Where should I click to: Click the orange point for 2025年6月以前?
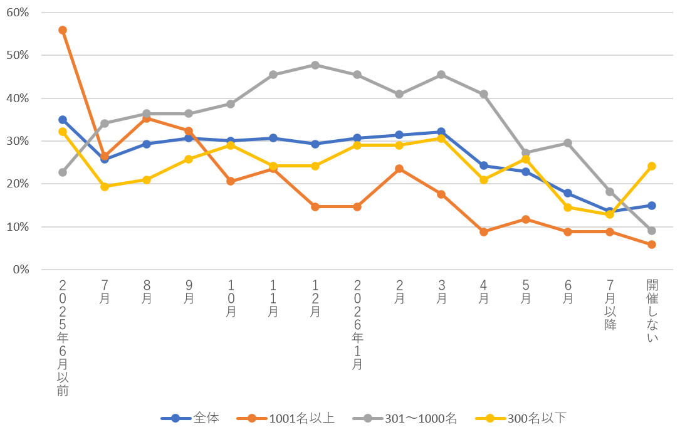coord(63,30)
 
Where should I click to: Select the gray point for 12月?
coord(315,65)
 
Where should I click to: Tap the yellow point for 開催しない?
coord(652,166)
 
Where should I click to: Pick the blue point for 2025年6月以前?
coord(63,120)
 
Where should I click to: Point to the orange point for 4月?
coord(484,232)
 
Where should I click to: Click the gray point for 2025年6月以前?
coord(63,172)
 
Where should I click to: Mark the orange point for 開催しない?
coord(652,245)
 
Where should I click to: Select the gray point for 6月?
coord(568,143)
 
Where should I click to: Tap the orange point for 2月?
coord(399,169)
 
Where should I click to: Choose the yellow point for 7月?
coord(105,187)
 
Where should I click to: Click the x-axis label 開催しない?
coord(652,311)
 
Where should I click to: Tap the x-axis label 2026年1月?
coord(357,324)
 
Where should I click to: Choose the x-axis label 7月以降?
coord(610,305)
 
